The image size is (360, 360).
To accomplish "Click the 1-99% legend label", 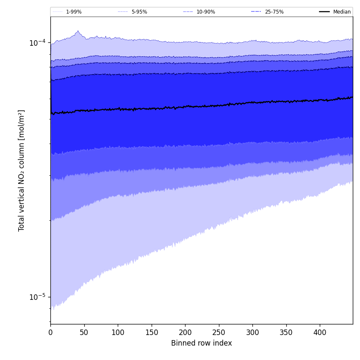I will [x=74, y=12].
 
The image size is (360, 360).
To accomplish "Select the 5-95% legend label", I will [x=139, y=12].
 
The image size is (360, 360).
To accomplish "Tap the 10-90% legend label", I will [x=205, y=12].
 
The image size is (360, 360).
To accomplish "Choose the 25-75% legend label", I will [x=274, y=12].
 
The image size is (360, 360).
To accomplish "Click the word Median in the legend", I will [x=342, y=12].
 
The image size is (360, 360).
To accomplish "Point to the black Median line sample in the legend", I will [x=324, y=12].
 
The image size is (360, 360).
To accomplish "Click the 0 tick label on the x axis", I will [x=50, y=332].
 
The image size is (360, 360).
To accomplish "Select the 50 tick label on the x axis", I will [x=84, y=332].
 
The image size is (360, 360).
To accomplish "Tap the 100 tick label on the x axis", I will [x=118, y=332].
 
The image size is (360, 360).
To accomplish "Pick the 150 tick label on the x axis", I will [x=152, y=332].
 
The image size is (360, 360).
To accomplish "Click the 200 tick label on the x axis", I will [x=185, y=332].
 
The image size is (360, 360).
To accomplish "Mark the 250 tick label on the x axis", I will [x=219, y=332].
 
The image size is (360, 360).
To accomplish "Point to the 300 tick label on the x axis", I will [x=252, y=332].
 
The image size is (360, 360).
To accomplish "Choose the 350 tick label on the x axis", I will [x=286, y=332].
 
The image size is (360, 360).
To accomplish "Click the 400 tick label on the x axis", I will [x=320, y=332].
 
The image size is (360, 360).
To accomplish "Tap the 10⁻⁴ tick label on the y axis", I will [x=37, y=42].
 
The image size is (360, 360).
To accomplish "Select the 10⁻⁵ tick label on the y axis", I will [x=37, y=296].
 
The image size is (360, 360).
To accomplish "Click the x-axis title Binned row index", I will [x=202, y=343].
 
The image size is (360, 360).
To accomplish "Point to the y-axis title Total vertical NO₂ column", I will [x=22, y=170].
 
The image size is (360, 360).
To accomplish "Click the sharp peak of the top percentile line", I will [x=78, y=31].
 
